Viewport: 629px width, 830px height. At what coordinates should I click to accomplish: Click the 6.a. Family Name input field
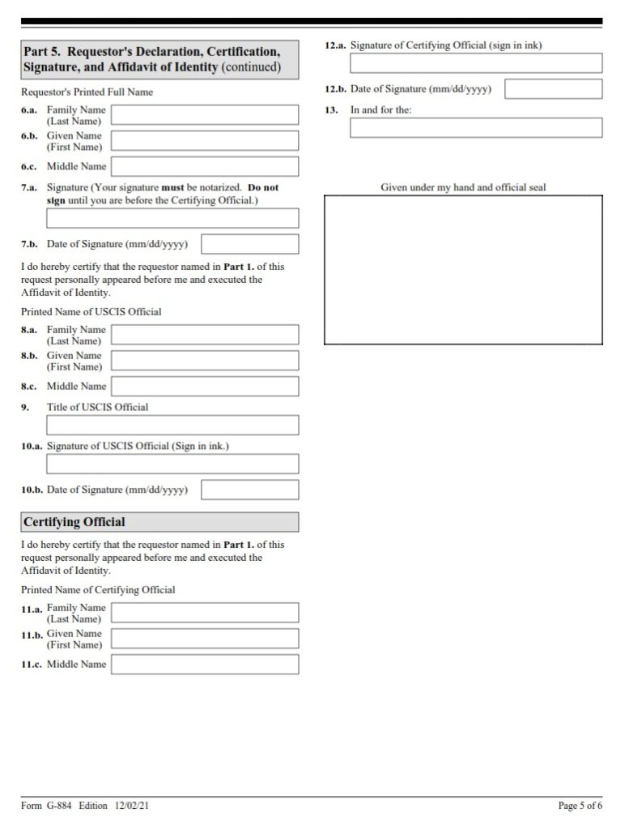[x=204, y=114]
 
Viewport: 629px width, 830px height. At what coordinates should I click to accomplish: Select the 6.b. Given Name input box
[x=204, y=141]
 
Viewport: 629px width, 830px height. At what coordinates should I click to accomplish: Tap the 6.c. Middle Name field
[x=204, y=167]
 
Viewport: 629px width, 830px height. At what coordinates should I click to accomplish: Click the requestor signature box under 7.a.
[x=172, y=218]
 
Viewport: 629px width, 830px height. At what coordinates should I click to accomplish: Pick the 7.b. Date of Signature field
[x=249, y=244]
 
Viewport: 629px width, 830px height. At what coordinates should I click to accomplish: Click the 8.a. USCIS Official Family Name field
[x=204, y=335]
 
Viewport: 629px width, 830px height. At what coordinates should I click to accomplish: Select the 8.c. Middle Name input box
[x=204, y=387]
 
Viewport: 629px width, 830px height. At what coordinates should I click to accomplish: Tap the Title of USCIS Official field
[x=172, y=426]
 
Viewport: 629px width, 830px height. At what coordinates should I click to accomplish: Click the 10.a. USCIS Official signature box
[x=172, y=464]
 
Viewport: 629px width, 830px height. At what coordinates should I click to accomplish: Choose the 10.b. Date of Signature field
[x=249, y=490]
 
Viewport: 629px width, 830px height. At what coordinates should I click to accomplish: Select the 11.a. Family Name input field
[x=204, y=613]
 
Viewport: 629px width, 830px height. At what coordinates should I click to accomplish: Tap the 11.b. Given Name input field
[x=204, y=639]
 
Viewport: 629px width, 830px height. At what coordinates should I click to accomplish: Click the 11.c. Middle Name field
[x=204, y=665]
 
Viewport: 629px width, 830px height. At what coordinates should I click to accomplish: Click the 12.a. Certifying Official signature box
[x=476, y=63]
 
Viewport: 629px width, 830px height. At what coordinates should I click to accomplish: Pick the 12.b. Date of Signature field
[x=554, y=89]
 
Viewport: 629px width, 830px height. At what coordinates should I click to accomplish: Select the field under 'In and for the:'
[x=476, y=128]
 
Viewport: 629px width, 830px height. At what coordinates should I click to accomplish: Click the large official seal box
[x=463, y=270]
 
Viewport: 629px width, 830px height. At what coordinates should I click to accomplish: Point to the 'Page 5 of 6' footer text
[x=580, y=805]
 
